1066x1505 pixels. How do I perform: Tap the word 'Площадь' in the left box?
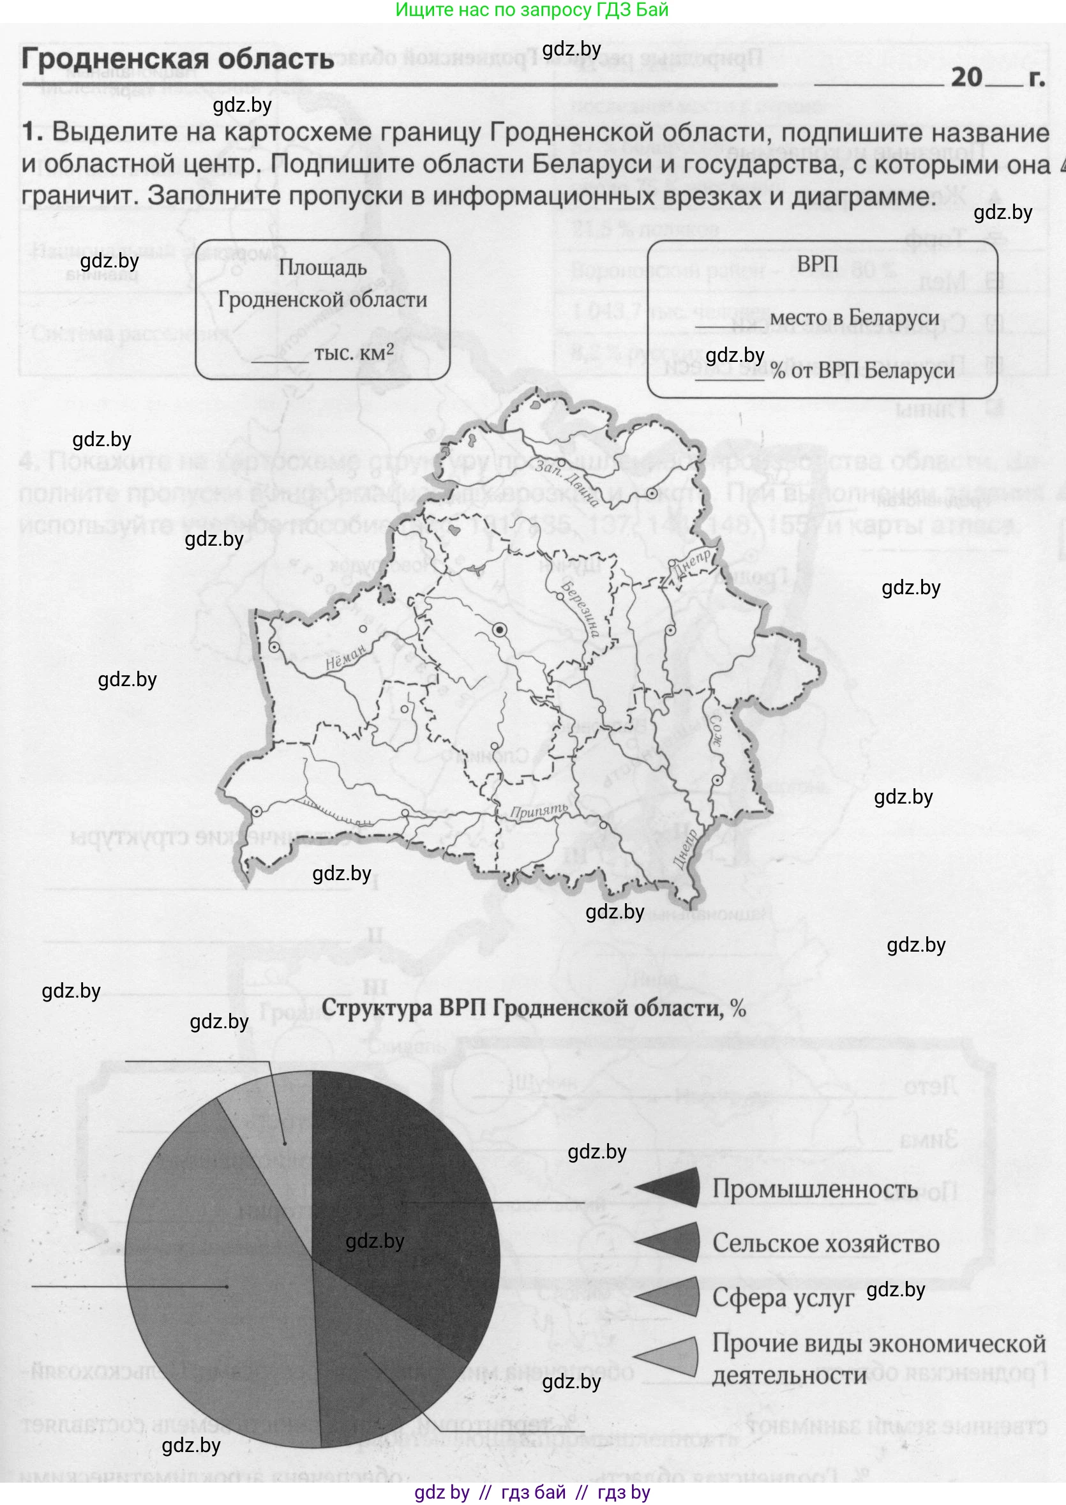tap(322, 268)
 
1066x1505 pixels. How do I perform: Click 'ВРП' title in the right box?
tap(817, 264)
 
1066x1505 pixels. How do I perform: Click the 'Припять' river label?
tap(538, 811)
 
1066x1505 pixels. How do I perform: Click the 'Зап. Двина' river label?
tap(566, 483)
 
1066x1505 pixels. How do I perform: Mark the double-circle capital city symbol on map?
tap(500, 630)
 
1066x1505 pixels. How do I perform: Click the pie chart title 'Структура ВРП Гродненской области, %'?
tap(533, 1008)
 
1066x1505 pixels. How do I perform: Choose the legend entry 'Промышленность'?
tap(815, 1188)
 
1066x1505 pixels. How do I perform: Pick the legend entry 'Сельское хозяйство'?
tap(825, 1243)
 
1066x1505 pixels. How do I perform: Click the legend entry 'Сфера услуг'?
tap(783, 1298)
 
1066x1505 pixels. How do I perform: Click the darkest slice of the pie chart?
tap(400, 1181)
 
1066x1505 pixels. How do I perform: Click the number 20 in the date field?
tap(966, 77)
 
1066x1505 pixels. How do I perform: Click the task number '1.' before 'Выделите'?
tap(32, 132)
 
